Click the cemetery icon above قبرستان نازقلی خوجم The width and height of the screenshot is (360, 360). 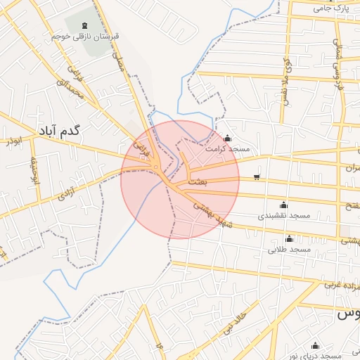click(85, 25)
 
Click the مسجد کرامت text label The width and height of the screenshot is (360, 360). click(226, 149)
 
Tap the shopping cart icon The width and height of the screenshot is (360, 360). click(257, 177)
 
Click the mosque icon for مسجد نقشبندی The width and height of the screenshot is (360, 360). click(283, 205)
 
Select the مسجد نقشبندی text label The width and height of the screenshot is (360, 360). click(283, 216)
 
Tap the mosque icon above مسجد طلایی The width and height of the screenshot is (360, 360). click(288, 239)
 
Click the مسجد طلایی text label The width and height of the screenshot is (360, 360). click(289, 250)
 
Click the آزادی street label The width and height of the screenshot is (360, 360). click(67, 192)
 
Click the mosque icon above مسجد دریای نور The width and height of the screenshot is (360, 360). click(315, 345)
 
